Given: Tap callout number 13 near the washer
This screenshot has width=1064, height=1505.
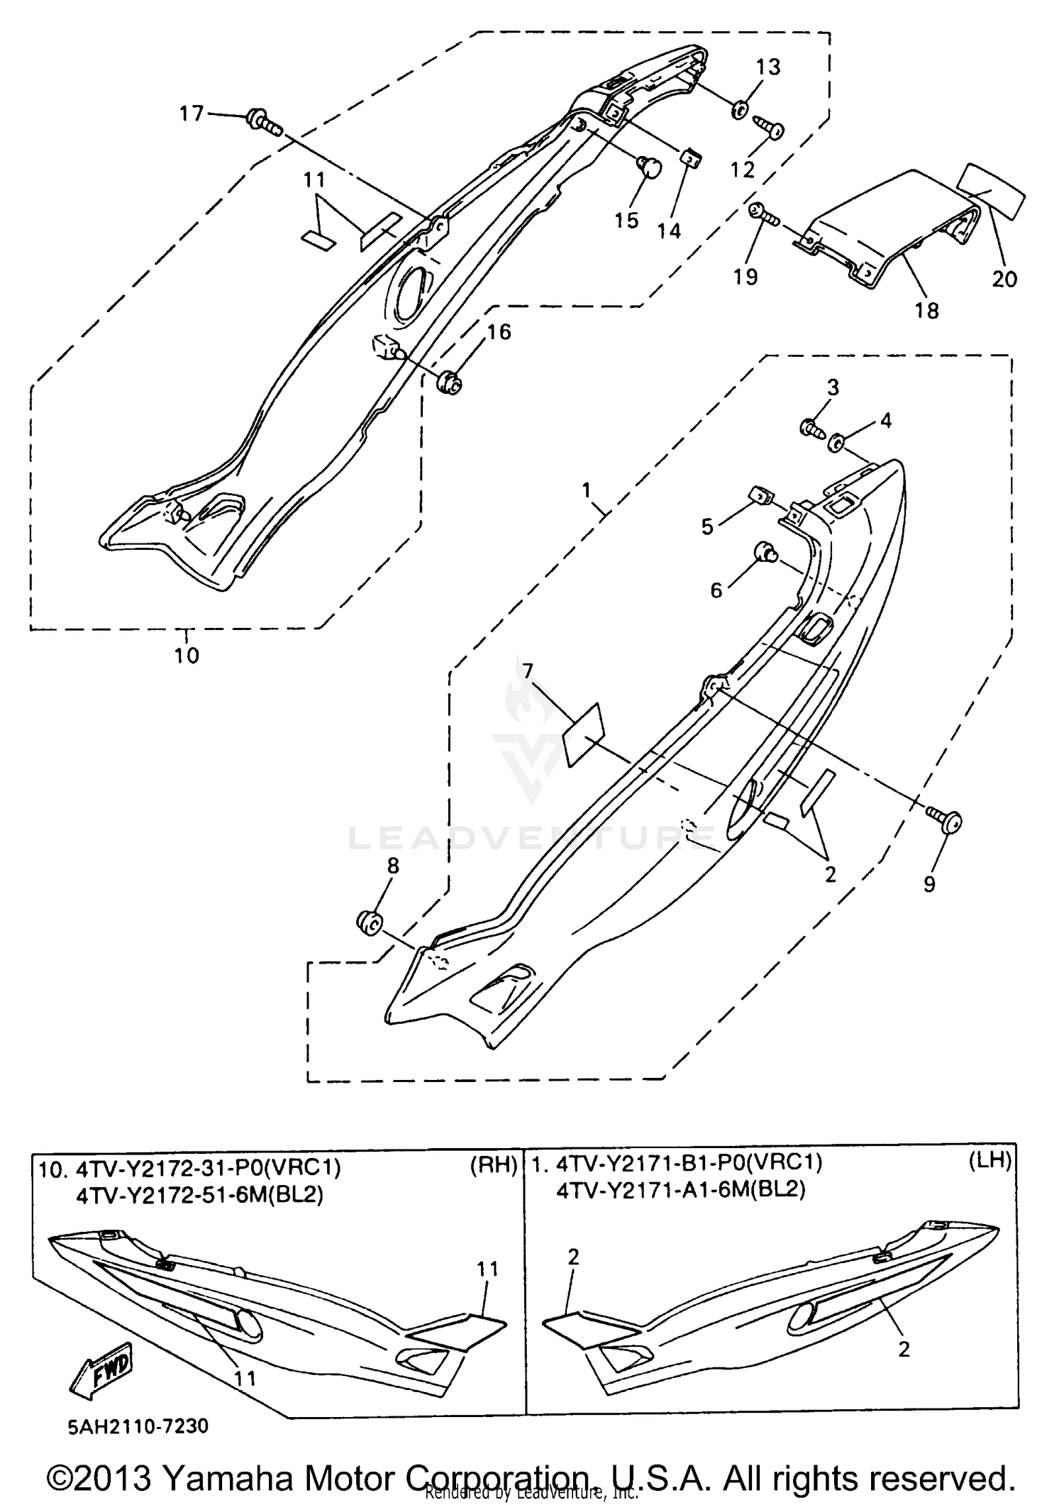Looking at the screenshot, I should click(768, 67).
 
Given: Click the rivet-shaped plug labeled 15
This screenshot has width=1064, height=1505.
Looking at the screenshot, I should click(650, 168).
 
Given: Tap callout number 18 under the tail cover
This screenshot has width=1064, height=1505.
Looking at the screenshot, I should click(927, 310).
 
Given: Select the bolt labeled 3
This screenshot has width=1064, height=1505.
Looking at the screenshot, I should click(812, 427).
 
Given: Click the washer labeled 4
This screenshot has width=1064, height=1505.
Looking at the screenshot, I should click(837, 444).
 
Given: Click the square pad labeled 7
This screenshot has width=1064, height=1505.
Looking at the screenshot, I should click(582, 735).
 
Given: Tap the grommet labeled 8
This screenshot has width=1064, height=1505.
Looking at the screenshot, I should click(369, 923).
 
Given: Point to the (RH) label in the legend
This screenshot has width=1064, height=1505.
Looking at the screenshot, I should click(492, 1184).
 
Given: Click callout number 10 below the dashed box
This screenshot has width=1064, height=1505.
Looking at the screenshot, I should click(187, 655).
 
